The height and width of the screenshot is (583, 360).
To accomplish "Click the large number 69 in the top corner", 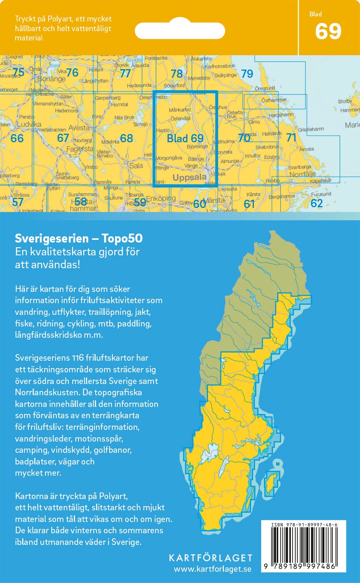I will tap(328, 31).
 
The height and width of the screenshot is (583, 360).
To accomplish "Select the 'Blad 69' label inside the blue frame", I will tap(185, 138).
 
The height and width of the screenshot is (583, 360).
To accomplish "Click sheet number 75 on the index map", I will tap(18, 72).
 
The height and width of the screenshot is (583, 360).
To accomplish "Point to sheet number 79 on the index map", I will tap(247, 73).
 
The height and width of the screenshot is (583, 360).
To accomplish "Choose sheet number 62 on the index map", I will tap(316, 203).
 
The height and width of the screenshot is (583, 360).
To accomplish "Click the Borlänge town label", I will tap(51, 79).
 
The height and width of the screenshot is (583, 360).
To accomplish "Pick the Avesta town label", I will tap(79, 128).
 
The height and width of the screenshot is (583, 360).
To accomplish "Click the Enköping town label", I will tap(161, 198).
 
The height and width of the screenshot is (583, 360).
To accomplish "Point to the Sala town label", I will tap(136, 166).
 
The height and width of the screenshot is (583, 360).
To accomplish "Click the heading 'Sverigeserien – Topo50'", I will tap(79, 238).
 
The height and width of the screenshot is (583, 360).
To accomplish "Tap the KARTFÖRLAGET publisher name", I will tap(210, 558).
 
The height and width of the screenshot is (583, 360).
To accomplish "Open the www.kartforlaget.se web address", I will tap(212, 569).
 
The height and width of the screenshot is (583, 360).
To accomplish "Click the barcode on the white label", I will tap(303, 546).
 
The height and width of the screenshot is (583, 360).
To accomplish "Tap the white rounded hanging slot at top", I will tap(180, 30).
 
